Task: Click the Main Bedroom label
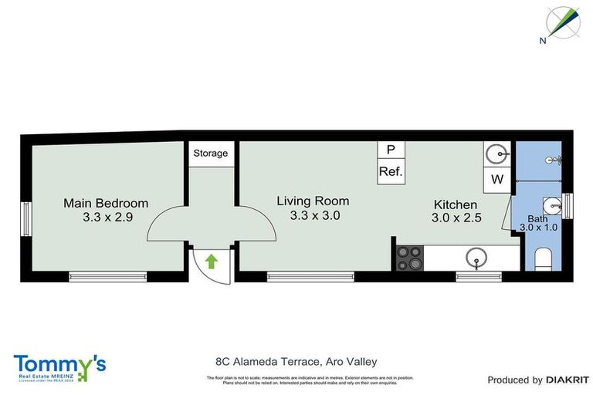106,203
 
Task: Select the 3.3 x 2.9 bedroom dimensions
108,218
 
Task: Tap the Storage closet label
211,153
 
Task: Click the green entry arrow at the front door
212,262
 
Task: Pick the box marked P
391,150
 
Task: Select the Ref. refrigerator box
391,171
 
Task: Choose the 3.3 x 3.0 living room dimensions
313,216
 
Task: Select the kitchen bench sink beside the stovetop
476,257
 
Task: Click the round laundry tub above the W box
496,155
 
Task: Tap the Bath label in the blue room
537,218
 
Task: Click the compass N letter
544,40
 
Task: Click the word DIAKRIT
568,380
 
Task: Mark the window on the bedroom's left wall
25,218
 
